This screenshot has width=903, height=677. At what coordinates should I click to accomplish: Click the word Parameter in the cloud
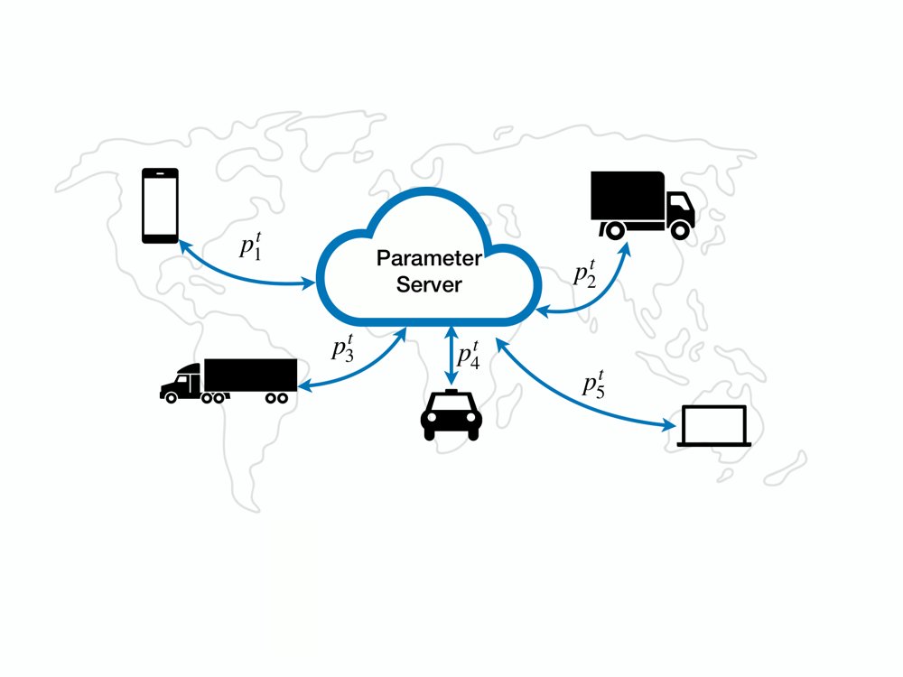click(x=429, y=258)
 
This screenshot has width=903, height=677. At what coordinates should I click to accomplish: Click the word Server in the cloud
click(x=429, y=284)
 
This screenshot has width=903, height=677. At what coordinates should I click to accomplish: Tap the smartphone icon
click(x=160, y=206)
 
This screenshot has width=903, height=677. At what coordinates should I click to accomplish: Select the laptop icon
click(x=714, y=426)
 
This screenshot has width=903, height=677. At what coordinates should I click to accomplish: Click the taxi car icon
click(x=451, y=415)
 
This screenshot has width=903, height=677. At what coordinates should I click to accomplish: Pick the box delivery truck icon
click(x=643, y=205)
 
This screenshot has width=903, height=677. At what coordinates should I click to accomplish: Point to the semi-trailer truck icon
click(x=228, y=381)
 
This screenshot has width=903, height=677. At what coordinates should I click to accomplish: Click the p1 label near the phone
click(x=251, y=246)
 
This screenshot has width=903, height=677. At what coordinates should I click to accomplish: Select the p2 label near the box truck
click(x=585, y=274)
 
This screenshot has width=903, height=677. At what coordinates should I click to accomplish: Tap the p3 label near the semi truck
click(x=343, y=348)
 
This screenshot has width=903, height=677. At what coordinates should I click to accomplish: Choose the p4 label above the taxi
click(x=468, y=354)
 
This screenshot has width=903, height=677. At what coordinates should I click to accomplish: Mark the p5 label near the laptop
click(x=594, y=384)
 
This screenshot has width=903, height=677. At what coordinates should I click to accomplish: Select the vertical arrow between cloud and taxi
click(x=451, y=355)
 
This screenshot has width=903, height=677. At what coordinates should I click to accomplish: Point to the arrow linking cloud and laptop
click(x=576, y=398)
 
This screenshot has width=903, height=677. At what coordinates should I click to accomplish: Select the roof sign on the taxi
click(x=451, y=392)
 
